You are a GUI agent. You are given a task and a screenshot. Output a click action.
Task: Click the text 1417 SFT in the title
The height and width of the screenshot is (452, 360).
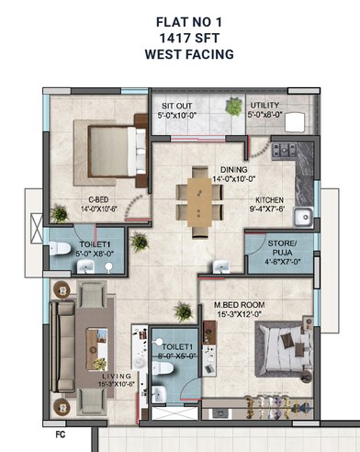click(x=179, y=37)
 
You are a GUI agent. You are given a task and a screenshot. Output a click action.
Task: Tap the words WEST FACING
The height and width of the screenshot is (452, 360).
click(x=179, y=54)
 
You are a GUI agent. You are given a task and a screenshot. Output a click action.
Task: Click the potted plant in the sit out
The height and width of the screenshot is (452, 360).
click(x=234, y=107)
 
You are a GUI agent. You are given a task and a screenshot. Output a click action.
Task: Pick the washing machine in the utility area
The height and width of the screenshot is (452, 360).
click(x=297, y=124)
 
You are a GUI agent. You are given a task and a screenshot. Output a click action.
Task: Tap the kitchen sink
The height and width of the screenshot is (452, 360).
click(x=303, y=217)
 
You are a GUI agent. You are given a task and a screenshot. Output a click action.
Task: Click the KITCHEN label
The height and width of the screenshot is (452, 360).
click(x=270, y=200)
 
